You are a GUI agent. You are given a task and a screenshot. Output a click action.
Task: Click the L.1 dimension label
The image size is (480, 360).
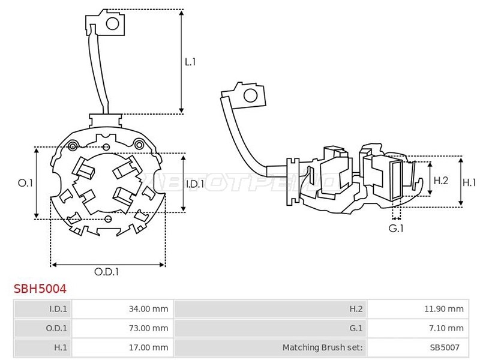click(190, 62)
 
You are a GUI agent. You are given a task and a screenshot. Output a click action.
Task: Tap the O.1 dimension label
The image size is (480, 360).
click(25, 183)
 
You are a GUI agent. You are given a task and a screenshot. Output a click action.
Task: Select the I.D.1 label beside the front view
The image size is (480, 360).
click(195, 184)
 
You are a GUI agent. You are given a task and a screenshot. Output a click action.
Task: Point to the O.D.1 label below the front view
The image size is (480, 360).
click(106, 272)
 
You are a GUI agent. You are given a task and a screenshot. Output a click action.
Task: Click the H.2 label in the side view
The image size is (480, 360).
click(441, 181)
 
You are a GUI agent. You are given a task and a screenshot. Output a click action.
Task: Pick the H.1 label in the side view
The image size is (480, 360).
click(469, 182)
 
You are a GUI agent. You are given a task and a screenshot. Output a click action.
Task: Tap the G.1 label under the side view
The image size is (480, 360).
click(396, 228)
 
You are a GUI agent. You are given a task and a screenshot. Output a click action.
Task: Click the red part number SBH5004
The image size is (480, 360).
click(40, 289)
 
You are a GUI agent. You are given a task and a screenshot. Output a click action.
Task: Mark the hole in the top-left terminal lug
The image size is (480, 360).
click(112, 23)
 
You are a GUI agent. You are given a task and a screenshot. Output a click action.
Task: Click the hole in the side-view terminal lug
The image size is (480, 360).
click(250, 95)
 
